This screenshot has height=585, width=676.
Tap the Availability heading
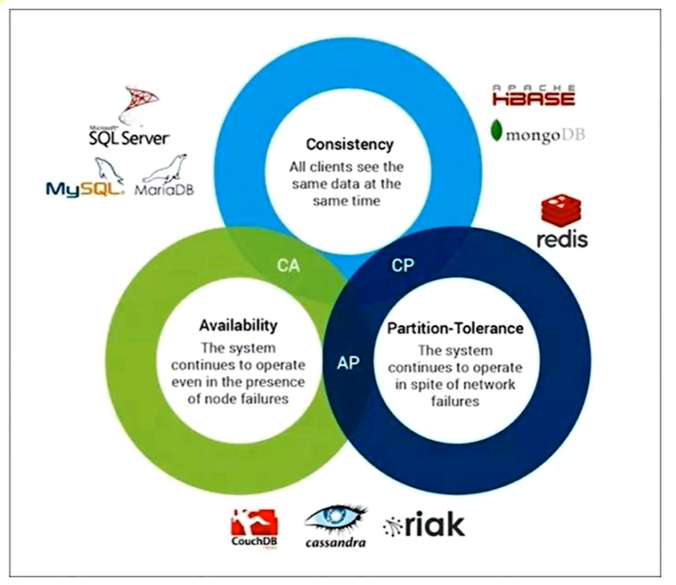[x=238, y=325]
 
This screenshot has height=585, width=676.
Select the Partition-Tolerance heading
[x=455, y=328]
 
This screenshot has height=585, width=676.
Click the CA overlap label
[x=288, y=266]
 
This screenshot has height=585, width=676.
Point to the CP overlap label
[x=403, y=265]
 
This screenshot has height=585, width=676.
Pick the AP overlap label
[x=348, y=362]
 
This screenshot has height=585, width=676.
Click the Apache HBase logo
[x=533, y=96]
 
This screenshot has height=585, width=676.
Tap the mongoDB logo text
[x=545, y=134]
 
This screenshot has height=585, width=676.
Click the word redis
[x=562, y=238]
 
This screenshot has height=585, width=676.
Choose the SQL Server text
[x=128, y=138]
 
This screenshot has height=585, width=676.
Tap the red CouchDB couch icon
[x=254, y=522]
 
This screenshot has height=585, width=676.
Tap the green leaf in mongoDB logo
[x=498, y=131]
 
